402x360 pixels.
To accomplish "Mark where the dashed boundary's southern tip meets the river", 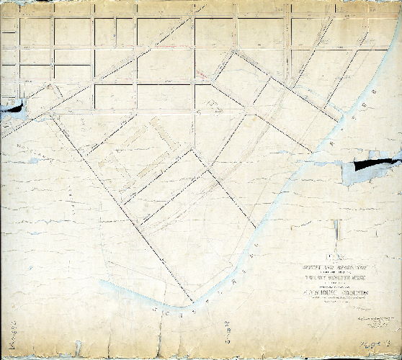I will tap(192, 299).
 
